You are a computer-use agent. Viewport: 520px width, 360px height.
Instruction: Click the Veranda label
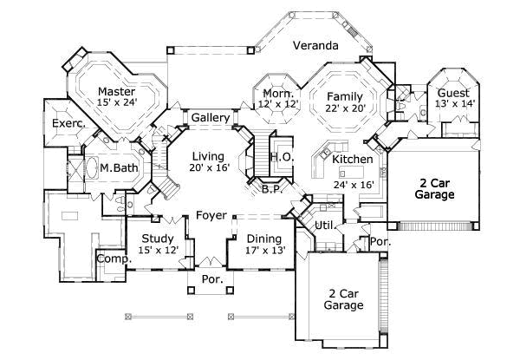pos(314,45)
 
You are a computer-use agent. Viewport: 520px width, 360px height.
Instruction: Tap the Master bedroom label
pos(114,91)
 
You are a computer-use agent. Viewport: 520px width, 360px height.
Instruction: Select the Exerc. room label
pos(68,124)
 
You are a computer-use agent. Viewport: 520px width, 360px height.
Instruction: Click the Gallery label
pos(210,118)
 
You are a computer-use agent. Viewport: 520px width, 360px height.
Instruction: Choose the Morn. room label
pos(277,93)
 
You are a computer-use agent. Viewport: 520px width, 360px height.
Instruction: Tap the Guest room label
pos(453,93)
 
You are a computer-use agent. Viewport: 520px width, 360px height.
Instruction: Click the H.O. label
pos(280,157)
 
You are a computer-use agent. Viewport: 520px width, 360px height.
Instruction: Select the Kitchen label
pos(353,160)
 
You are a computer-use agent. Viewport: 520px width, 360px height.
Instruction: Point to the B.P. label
pos(270,189)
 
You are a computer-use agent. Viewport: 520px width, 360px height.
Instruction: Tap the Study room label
pos(159,239)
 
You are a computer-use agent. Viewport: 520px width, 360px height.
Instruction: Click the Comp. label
pos(112,259)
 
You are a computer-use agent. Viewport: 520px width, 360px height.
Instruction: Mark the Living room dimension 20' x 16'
pos(210,167)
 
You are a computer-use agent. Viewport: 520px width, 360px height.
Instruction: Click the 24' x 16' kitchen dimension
pos(353,185)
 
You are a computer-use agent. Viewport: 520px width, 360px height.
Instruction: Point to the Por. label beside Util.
pos(379,241)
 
